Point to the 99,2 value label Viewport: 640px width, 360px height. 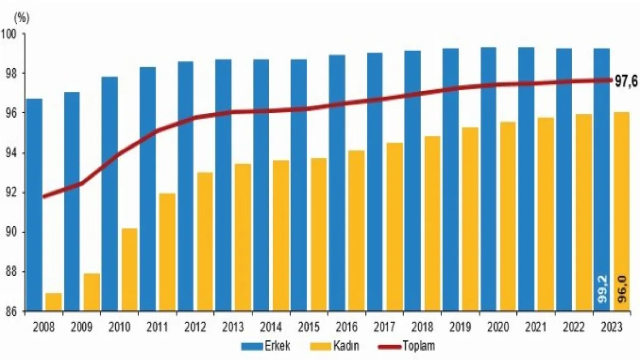click(x=602, y=290)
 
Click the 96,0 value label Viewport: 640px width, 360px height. click(x=621, y=290)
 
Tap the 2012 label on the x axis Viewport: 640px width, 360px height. click(x=195, y=327)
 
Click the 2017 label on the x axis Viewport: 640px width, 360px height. click(x=385, y=327)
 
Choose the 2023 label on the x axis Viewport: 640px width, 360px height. click(x=612, y=327)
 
